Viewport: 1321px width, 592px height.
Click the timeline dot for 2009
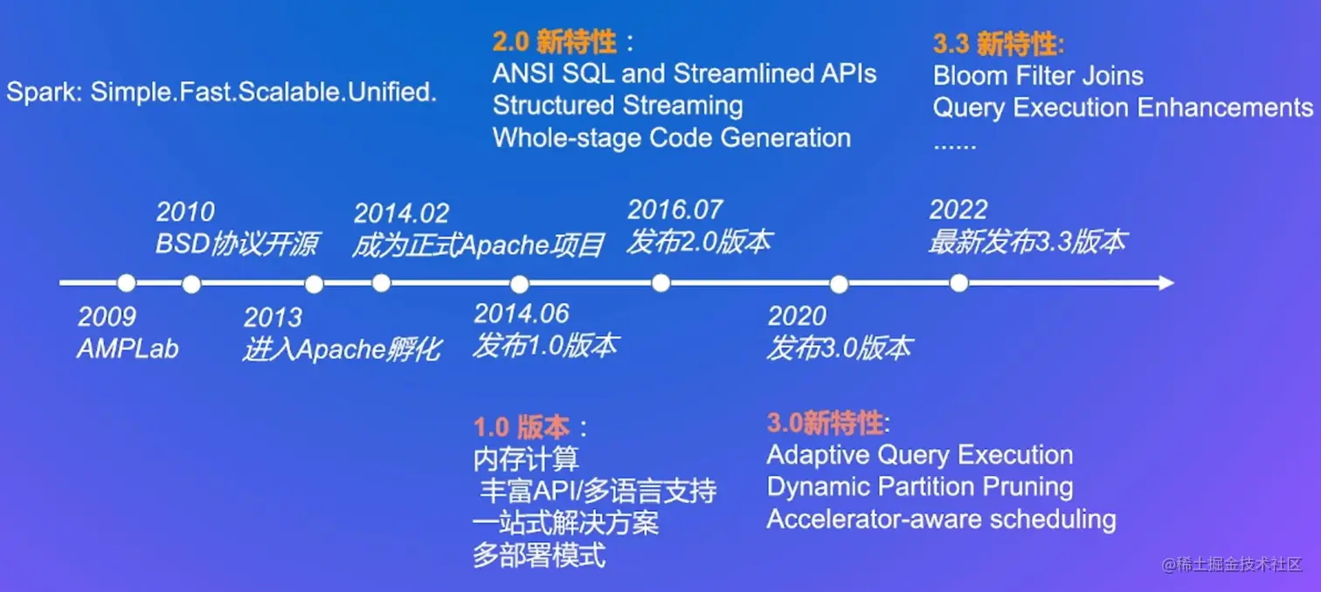(x=126, y=283)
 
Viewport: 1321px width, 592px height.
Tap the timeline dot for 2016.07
(x=661, y=283)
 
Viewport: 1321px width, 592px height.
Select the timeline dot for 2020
(x=839, y=284)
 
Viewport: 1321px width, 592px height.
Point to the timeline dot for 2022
(x=959, y=283)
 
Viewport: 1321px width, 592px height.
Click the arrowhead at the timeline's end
(x=1165, y=283)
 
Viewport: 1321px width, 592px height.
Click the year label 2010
(x=185, y=211)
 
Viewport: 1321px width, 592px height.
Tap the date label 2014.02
(x=402, y=213)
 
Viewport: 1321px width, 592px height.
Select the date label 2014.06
(x=522, y=313)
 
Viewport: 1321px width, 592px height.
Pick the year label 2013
(x=273, y=317)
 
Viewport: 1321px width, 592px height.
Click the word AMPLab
(x=128, y=349)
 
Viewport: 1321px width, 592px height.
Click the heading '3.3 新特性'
(x=999, y=44)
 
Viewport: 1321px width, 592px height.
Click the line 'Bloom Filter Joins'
(x=1038, y=75)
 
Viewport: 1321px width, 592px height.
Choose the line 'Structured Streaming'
(x=618, y=107)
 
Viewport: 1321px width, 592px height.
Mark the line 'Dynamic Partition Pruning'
(x=920, y=487)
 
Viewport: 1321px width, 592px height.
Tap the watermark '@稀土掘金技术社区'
(x=1231, y=564)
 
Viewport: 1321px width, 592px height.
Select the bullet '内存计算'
(x=526, y=458)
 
